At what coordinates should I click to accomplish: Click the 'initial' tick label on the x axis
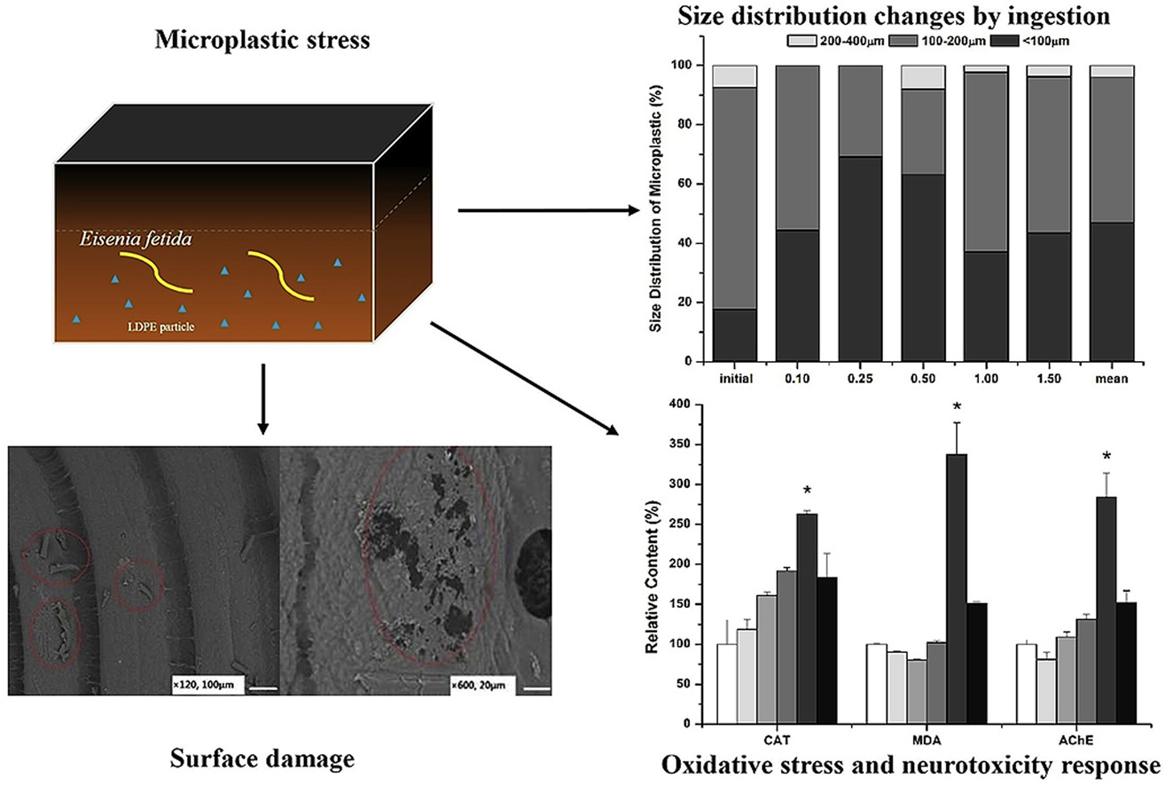pyautogui.click(x=736, y=379)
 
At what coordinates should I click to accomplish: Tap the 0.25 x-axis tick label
pyautogui.click(x=857, y=379)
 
